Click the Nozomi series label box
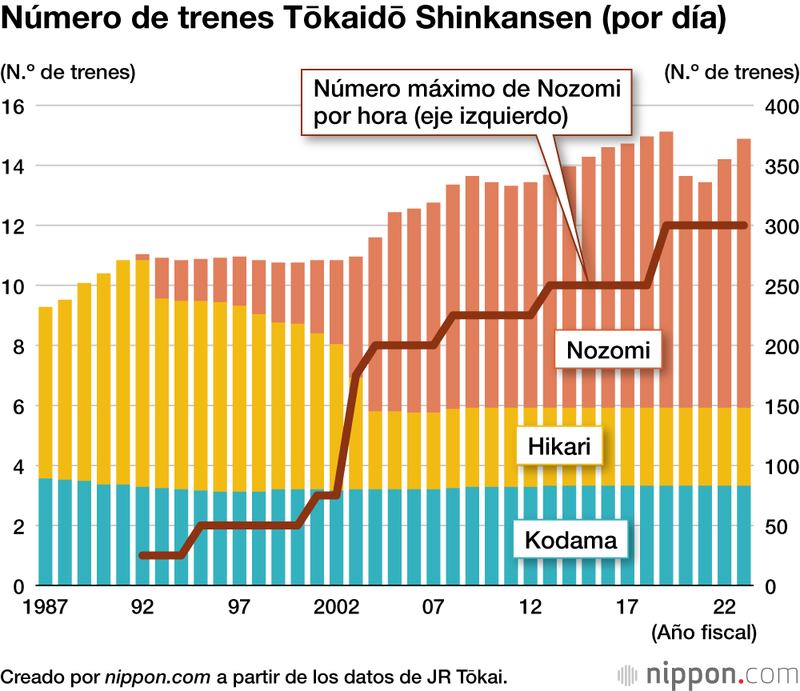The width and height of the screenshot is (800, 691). tap(609, 349)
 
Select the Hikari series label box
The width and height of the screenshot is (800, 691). tap(559, 445)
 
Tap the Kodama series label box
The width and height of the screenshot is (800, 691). tap(570, 541)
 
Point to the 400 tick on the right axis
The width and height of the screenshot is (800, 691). tap(781, 106)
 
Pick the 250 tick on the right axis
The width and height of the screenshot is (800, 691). tap(781, 286)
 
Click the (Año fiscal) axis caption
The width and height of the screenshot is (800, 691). tap(704, 633)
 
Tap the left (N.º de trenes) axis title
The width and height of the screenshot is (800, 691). tap(68, 72)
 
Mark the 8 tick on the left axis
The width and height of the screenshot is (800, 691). tap(16, 346)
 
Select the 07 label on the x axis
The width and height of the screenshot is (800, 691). tap(433, 607)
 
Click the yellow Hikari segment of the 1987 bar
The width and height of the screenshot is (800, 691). tap(45, 392)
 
